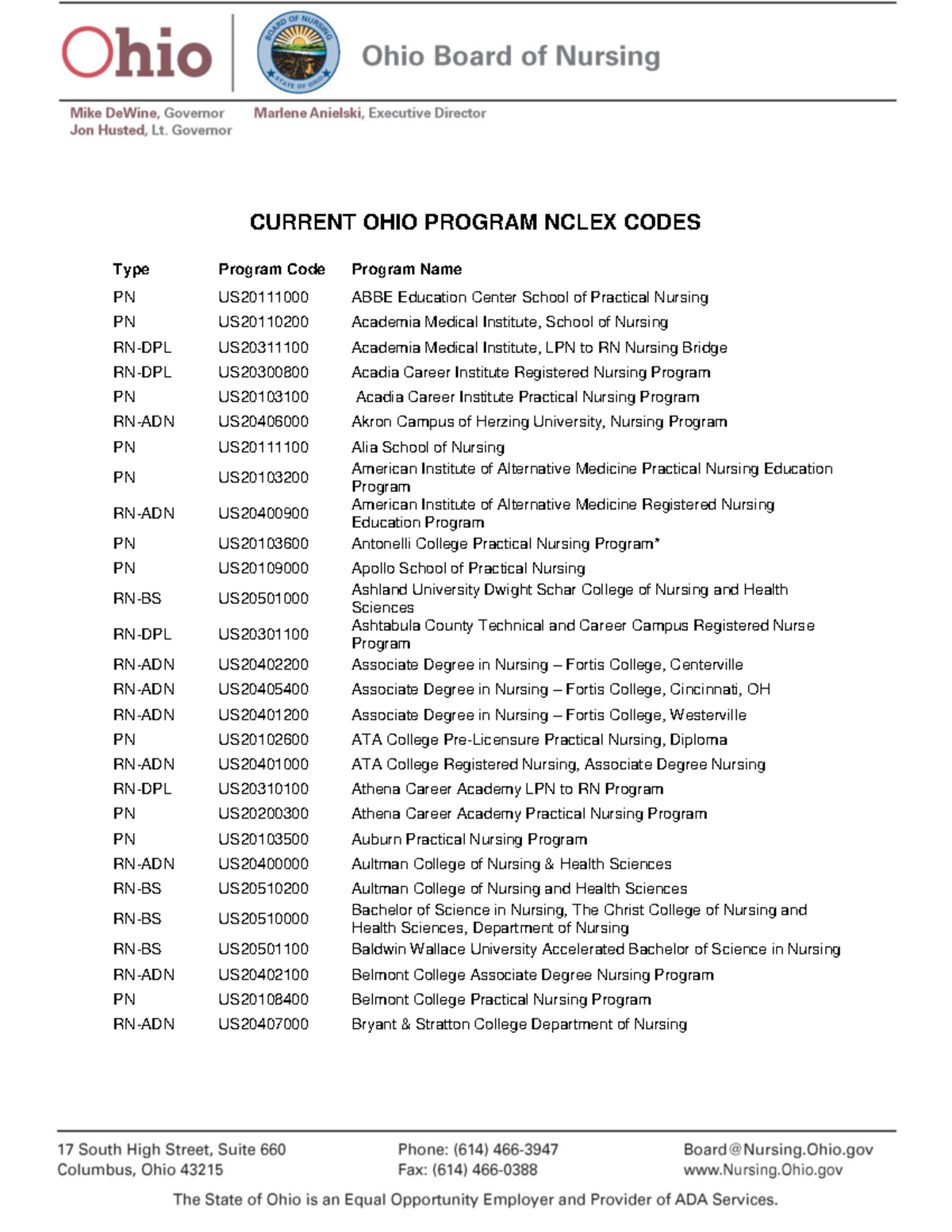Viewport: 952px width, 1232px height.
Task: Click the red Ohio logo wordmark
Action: (136, 54)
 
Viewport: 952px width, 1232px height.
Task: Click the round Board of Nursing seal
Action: (298, 53)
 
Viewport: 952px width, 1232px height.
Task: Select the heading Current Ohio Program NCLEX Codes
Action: (474, 222)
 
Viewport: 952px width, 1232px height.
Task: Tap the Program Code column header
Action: (271, 270)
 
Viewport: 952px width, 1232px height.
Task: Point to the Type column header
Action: (131, 270)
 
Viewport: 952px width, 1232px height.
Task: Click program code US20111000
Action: (263, 297)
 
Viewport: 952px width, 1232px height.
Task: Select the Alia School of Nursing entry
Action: (428, 447)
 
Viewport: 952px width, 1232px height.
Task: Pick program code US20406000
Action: (263, 422)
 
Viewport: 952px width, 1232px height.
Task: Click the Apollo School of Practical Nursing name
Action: (468, 568)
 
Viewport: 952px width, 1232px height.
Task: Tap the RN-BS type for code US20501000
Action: (137, 598)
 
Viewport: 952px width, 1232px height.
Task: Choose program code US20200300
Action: (263, 814)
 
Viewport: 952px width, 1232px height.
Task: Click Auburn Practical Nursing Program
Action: (469, 839)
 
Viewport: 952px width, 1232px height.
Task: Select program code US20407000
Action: (263, 1024)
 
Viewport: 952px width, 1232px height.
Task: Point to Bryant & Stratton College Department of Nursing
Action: (519, 1024)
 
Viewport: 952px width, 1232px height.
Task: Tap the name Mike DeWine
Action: (114, 113)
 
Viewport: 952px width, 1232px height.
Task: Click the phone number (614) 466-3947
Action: (505, 1149)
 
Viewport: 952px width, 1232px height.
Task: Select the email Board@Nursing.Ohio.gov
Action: (777, 1149)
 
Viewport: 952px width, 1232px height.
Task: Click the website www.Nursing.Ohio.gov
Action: (762, 1170)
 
